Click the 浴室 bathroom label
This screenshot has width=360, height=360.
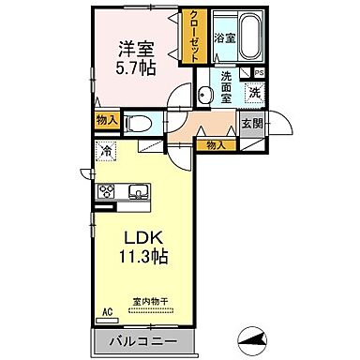coord(224,38)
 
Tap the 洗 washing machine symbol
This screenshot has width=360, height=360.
coord(254,93)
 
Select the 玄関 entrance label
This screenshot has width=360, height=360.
coord(252,122)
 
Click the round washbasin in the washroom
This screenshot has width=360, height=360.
coord(204,91)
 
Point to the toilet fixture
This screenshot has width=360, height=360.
coord(139,121)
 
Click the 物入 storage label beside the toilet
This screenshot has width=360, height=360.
coord(106,120)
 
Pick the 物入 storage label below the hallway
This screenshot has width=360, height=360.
coord(216,144)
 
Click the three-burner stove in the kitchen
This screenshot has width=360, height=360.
coord(106,192)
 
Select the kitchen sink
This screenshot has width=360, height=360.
coord(138,191)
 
